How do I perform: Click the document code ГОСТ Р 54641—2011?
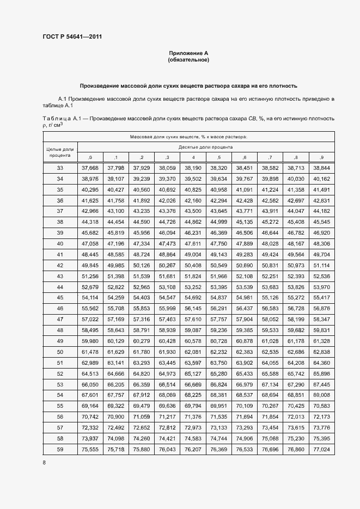coord(72,36)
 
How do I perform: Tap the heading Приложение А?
coord(188,53)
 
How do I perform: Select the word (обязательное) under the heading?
coord(188,60)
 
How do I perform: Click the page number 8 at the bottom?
coord(44,462)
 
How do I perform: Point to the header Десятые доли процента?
coord(205,147)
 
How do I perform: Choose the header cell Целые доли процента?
coord(60,152)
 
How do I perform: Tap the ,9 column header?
coord(321,157)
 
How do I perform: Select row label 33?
coord(60,168)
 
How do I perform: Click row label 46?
coord(60,308)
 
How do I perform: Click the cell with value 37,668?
coord(90,168)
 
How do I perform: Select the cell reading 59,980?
coord(90,341)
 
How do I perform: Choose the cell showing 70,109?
coord(244,406)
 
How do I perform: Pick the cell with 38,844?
coord(321,168)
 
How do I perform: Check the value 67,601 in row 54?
coord(90,395)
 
